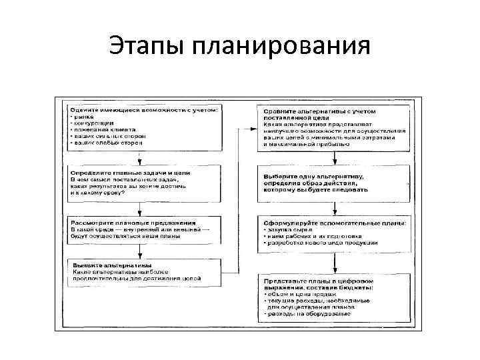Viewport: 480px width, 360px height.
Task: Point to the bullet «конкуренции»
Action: [94, 123]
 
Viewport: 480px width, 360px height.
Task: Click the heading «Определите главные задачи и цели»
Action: [130, 173]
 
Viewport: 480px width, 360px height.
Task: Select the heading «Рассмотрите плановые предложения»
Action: [133, 221]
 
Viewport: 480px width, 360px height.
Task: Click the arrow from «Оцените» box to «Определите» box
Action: [139, 157]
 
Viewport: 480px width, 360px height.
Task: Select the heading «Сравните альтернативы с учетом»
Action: [321, 110]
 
